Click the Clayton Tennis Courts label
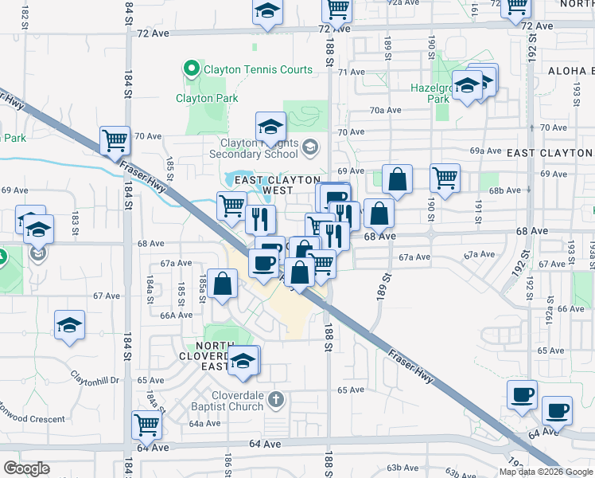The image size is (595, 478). click(259, 70)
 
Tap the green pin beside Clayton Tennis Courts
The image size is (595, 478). click(191, 70)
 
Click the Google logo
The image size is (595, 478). click(27, 468)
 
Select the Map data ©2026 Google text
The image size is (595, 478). click(545, 472)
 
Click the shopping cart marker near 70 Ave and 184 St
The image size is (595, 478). click(115, 141)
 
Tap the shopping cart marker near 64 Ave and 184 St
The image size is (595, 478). click(147, 425)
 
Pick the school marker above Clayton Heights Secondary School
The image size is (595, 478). click(270, 126)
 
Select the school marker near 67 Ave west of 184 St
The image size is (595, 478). click(70, 325)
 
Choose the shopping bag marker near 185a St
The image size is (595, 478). click(224, 284)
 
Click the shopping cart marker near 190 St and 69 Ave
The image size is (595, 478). click(445, 178)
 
